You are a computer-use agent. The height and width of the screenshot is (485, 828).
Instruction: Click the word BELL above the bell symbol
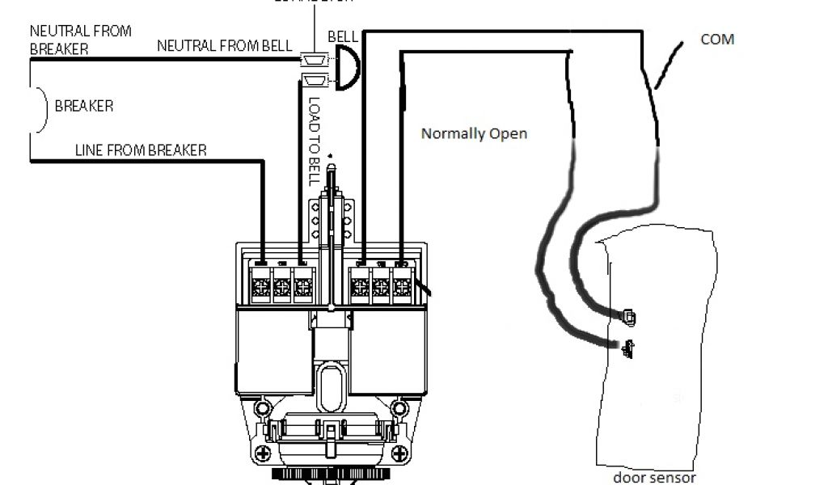(343, 38)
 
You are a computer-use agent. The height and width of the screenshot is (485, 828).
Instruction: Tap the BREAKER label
(83, 106)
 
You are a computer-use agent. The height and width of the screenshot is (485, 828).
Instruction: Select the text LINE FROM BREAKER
(140, 150)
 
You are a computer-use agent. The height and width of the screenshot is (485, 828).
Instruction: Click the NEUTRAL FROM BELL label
(225, 46)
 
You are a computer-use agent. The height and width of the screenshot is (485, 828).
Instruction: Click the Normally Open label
(474, 133)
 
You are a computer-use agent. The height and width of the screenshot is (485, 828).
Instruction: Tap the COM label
(717, 39)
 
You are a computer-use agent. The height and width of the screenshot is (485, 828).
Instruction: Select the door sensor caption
(654, 477)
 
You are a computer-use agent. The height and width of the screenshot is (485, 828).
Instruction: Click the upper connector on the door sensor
(629, 317)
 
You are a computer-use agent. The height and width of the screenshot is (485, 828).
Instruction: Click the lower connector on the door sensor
(627, 348)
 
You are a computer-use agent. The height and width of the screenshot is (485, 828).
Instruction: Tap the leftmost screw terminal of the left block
(261, 288)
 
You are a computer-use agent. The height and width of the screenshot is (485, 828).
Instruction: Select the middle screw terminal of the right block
(381, 288)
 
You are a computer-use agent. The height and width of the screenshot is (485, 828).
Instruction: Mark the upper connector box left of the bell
(313, 59)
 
